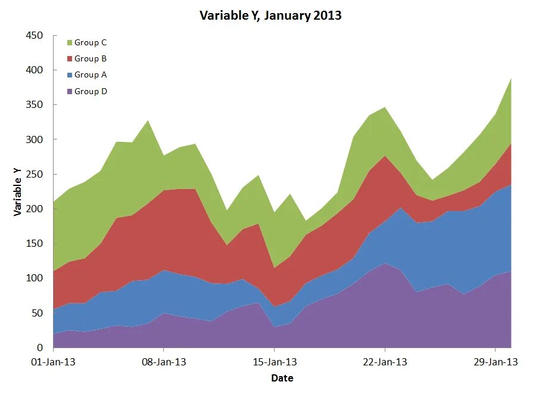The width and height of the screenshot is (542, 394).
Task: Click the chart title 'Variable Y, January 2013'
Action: (x=270, y=15)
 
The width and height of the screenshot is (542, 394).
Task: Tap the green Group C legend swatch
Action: (x=70, y=43)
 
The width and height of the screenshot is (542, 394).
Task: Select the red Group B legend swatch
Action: (x=70, y=59)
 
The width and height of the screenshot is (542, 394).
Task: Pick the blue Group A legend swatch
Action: (x=70, y=75)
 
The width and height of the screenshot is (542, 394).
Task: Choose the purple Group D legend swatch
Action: (x=70, y=92)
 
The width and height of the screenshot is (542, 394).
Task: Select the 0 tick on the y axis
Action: (x=40, y=348)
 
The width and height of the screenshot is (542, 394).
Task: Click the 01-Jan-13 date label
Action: (x=54, y=362)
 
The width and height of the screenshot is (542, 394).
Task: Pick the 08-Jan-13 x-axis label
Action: (x=164, y=362)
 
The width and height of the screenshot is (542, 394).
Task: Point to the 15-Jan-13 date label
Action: (x=275, y=362)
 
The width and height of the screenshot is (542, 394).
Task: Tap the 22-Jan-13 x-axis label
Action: (x=385, y=362)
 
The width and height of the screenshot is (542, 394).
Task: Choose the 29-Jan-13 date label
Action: (x=496, y=362)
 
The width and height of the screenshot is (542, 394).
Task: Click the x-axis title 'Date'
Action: (x=282, y=378)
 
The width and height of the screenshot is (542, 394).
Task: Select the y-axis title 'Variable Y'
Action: (x=17, y=191)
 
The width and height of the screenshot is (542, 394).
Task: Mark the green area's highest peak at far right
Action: (x=510, y=79)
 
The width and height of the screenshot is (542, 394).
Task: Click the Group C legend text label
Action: (x=91, y=43)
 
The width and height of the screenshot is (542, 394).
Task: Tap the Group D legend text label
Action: (x=91, y=92)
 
